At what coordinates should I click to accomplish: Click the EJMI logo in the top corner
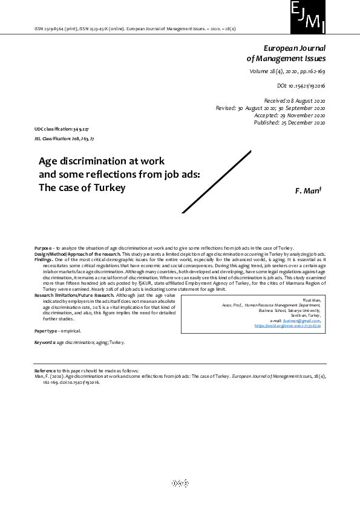click(308, 17)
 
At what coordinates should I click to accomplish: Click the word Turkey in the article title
click(110, 187)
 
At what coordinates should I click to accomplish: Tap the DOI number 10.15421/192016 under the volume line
click(301, 86)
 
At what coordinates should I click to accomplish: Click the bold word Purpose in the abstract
click(43, 248)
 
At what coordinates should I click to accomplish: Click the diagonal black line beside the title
click(216, 181)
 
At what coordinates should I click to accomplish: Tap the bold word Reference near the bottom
click(46, 370)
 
